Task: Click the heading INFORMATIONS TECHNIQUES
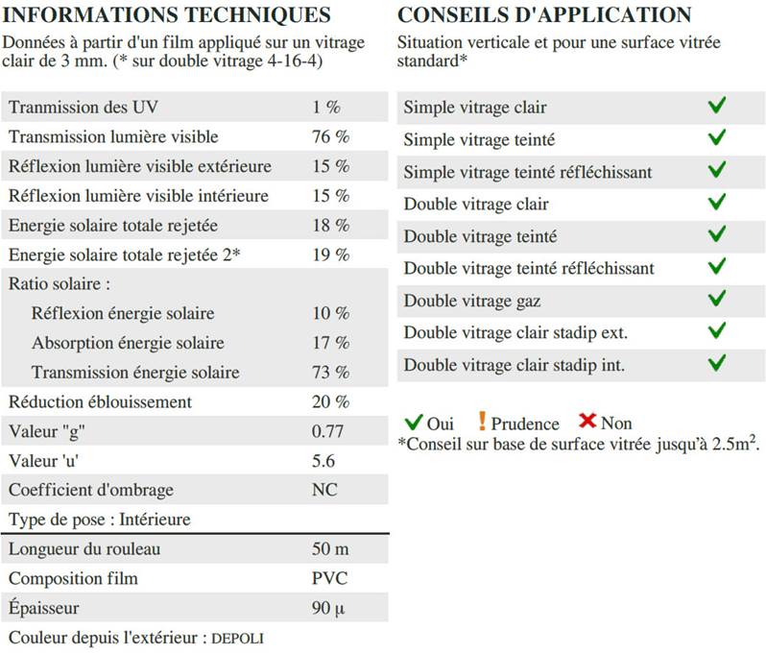pyautogui.click(x=168, y=15)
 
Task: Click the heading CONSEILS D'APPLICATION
pyautogui.click(x=544, y=15)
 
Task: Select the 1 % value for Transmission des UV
pyautogui.click(x=326, y=108)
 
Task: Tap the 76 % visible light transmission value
pyautogui.click(x=331, y=136)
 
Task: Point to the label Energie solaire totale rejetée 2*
pyautogui.click(x=125, y=254)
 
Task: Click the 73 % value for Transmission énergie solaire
pyautogui.click(x=331, y=372)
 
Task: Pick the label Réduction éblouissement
pyautogui.click(x=101, y=401)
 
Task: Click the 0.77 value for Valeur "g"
pyautogui.click(x=328, y=431)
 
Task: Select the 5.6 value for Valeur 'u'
pyautogui.click(x=323, y=461)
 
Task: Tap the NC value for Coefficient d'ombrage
pyautogui.click(x=325, y=490)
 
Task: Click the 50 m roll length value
pyautogui.click(x=329, y=549)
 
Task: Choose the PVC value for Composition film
pyautogui.click(x=330, y=578)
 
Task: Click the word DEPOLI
pyautogui.click(x=237, y=638)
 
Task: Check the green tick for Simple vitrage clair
pyautogui.click(x=716, y=107)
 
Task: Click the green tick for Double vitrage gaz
pyautogui.click(x=716, y=300)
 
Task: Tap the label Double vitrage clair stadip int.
pyautogui.click(x=515, y=365)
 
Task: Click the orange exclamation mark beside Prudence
pyautogui.click(x=482, y=422)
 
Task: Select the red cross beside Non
pyautogui.click(x=588, y=422)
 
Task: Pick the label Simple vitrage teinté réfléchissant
pyautogui.click(x=528, y=172)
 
